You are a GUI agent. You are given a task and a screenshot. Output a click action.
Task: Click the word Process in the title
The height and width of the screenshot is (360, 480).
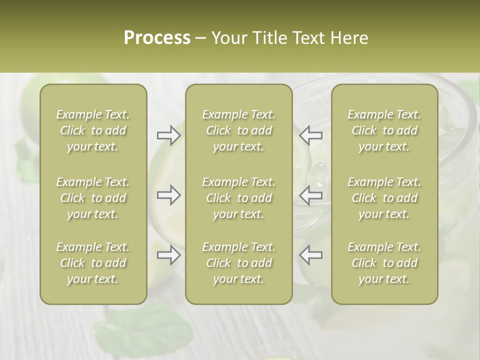pos(157,38)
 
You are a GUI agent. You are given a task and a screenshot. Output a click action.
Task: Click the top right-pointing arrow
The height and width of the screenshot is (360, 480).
pos(168,135)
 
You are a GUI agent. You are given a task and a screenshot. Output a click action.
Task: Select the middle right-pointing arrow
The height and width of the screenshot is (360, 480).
pos(168,195)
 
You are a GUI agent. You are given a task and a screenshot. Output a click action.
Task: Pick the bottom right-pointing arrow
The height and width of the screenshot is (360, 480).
pos(168,255)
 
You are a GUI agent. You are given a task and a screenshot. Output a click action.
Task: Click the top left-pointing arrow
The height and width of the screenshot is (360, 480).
pos(311,135)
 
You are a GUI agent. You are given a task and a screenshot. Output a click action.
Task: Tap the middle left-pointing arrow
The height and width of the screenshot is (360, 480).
pos(311,195)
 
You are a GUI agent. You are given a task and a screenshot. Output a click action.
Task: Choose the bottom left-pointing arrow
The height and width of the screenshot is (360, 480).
pos(311,255)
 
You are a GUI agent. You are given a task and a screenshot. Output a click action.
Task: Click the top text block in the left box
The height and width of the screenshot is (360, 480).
pos(93,130)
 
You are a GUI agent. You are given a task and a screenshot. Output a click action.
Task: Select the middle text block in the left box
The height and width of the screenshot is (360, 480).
pos(93,198)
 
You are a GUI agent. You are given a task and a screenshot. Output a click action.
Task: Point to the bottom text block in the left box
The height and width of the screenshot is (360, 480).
pos(93,263)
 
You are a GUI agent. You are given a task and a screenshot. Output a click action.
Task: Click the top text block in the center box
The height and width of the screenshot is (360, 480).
pos(239,130)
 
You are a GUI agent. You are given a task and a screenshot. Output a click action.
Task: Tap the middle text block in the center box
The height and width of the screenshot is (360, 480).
pos(239,198)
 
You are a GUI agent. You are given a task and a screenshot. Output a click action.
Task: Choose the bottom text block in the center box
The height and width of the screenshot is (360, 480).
pos(239,263)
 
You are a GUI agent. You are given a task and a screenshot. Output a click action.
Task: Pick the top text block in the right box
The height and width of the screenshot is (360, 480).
pos(384,130)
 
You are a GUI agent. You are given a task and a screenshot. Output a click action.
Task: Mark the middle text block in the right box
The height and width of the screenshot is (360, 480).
pos(384,198)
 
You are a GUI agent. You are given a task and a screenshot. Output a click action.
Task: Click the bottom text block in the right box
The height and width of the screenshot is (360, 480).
pos(384,263)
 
